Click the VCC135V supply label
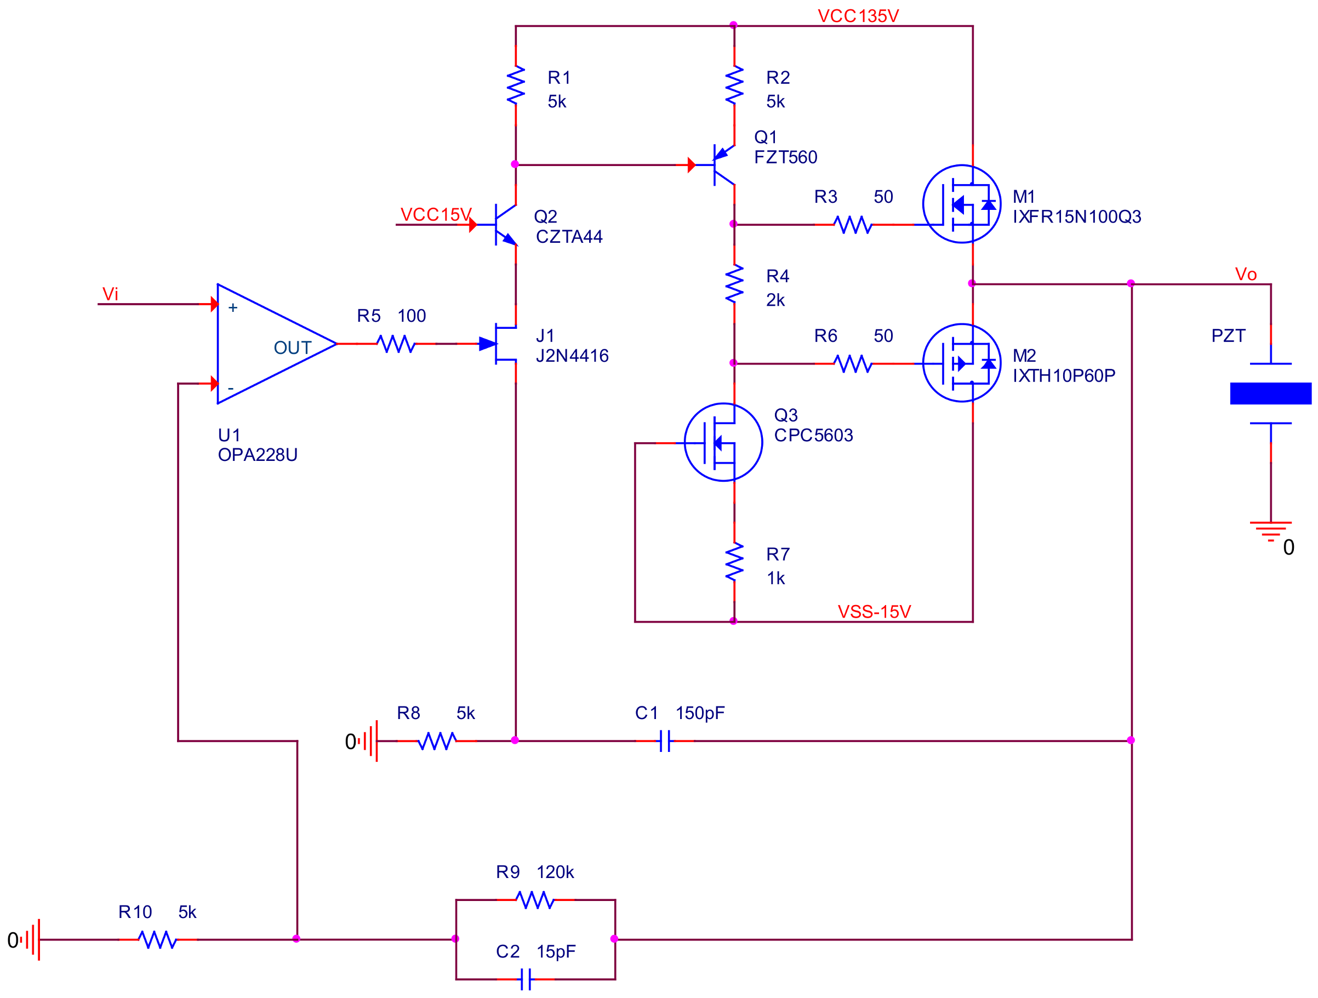(x=858, y=16)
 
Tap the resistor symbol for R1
(x=515, y=85)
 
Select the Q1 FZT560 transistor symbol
(x=722, y=164)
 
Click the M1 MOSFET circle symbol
(x=961, y=204)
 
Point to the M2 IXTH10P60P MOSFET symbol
(x=961, y=363)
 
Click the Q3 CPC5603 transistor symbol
(x=723, y=442)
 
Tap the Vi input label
(x=110, y=294)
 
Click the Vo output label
(x=1245, y=274)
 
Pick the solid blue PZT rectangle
(x=1270, y=394)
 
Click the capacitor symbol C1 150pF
(x=665, y=740)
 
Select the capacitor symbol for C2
(x=526, y=979)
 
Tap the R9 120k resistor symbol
(x=535, y=900)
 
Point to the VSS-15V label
(x=874, y=612)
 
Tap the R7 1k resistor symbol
(x=734, y=562)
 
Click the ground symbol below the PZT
(x=1270, y=531)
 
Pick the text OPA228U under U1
(x=258, y=455)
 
